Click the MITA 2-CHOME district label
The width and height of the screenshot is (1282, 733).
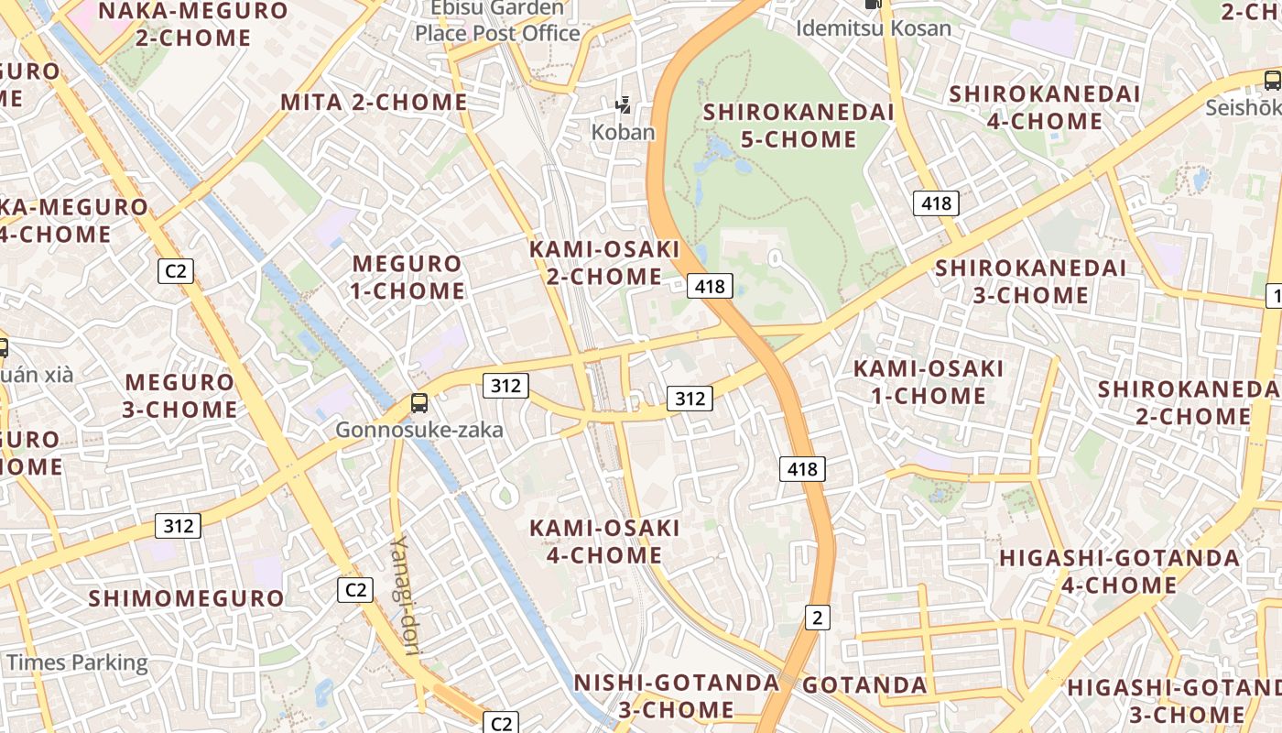point(374,102)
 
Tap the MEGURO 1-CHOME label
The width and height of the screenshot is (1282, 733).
point(408,277)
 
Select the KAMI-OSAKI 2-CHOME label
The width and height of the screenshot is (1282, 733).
point(604,262)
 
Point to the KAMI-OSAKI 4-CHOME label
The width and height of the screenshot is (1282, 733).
point(604,541)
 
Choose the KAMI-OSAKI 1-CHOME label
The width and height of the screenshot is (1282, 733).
point(929,382)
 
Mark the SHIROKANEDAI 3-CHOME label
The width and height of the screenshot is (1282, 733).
point(1030,281)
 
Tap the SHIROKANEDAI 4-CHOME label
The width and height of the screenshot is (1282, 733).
point(1045,107)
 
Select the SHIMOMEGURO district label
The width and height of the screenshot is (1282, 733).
point(186,598)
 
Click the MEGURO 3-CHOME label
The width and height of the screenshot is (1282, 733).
point(179,395)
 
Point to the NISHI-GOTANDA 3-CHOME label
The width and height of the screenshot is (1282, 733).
point(676,695)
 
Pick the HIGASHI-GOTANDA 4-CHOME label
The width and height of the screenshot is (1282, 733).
point(1119,571)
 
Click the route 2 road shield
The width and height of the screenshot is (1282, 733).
point(818,618)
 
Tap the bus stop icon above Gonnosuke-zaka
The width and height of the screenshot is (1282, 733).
point(419,402)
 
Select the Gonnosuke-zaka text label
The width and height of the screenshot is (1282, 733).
point(419,430)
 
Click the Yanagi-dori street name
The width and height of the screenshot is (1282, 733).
point(405,596)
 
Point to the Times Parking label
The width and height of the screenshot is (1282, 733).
point(77,662)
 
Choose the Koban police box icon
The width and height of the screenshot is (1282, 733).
point(624,105)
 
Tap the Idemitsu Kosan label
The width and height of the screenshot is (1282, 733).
point(874,27)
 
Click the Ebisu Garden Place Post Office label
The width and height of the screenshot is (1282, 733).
point(498,21)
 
